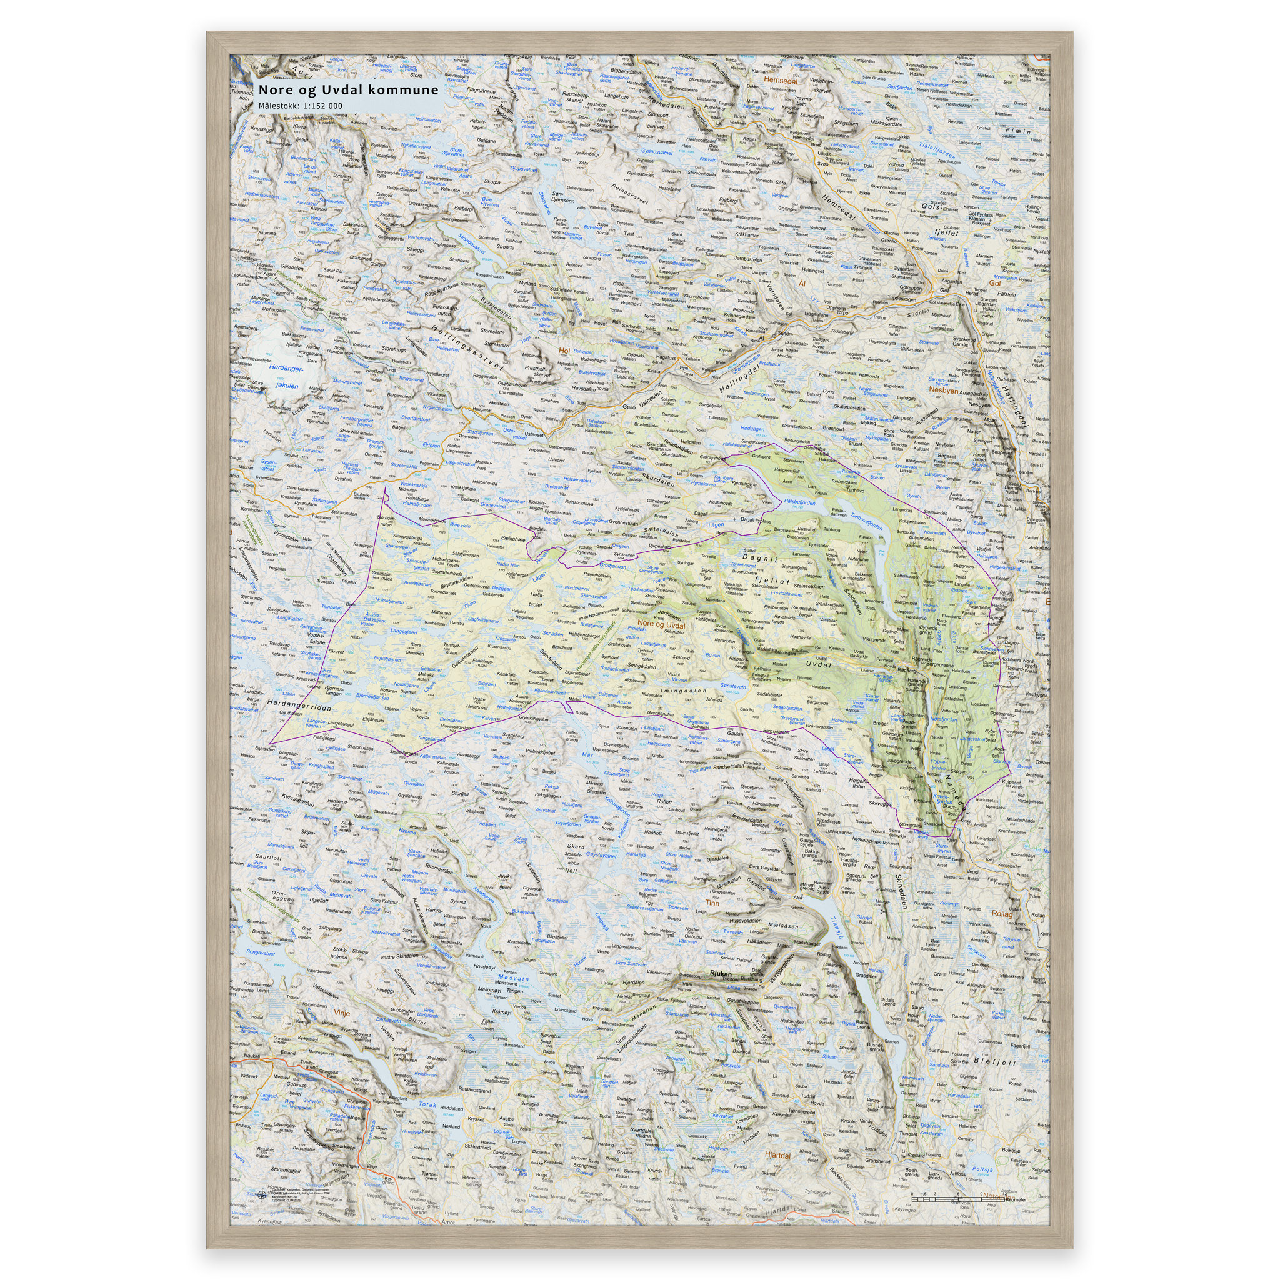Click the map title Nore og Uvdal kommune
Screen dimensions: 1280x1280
348,89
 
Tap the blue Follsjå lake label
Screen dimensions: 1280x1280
983,1170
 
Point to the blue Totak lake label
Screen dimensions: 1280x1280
427,1104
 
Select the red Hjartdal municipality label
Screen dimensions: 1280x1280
777,1155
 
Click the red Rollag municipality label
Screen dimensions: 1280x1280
1002,914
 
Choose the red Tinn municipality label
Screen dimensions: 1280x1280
712,902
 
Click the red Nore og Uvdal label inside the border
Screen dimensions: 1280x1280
661,624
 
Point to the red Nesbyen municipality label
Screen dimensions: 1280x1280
944,390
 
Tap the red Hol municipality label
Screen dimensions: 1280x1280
564,351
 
